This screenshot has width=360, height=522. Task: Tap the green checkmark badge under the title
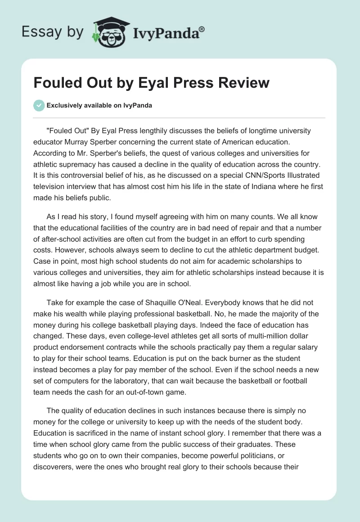pos(39,106)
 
